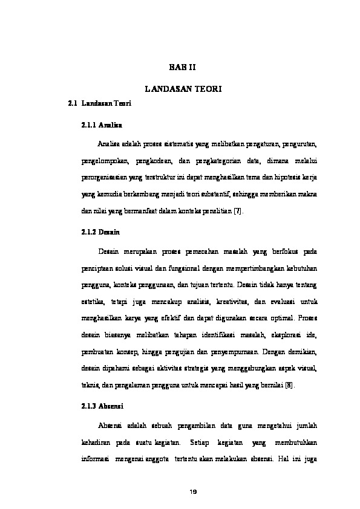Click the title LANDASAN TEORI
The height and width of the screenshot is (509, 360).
coord(184,89)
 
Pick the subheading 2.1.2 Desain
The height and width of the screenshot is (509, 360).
coord(100,232)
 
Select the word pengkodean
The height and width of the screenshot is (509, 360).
coord(158,161)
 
